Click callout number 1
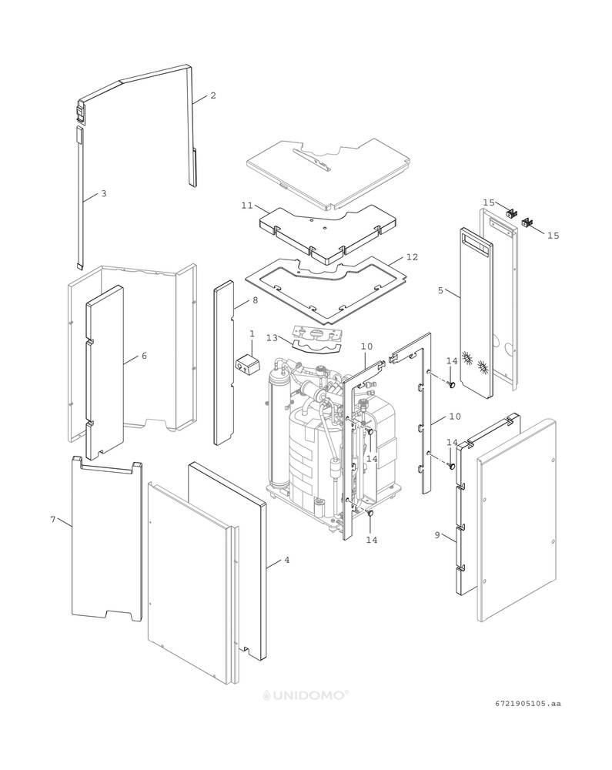252,333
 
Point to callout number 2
213,95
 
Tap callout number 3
104,193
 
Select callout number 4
287,560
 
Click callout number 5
440,290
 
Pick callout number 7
53,520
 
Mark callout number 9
437,534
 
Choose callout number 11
246,206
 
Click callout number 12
412,256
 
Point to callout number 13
272,337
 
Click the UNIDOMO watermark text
306,694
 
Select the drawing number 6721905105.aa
528,703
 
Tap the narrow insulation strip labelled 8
225,362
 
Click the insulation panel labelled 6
105,370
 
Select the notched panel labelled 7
106,539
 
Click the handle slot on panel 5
475,246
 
